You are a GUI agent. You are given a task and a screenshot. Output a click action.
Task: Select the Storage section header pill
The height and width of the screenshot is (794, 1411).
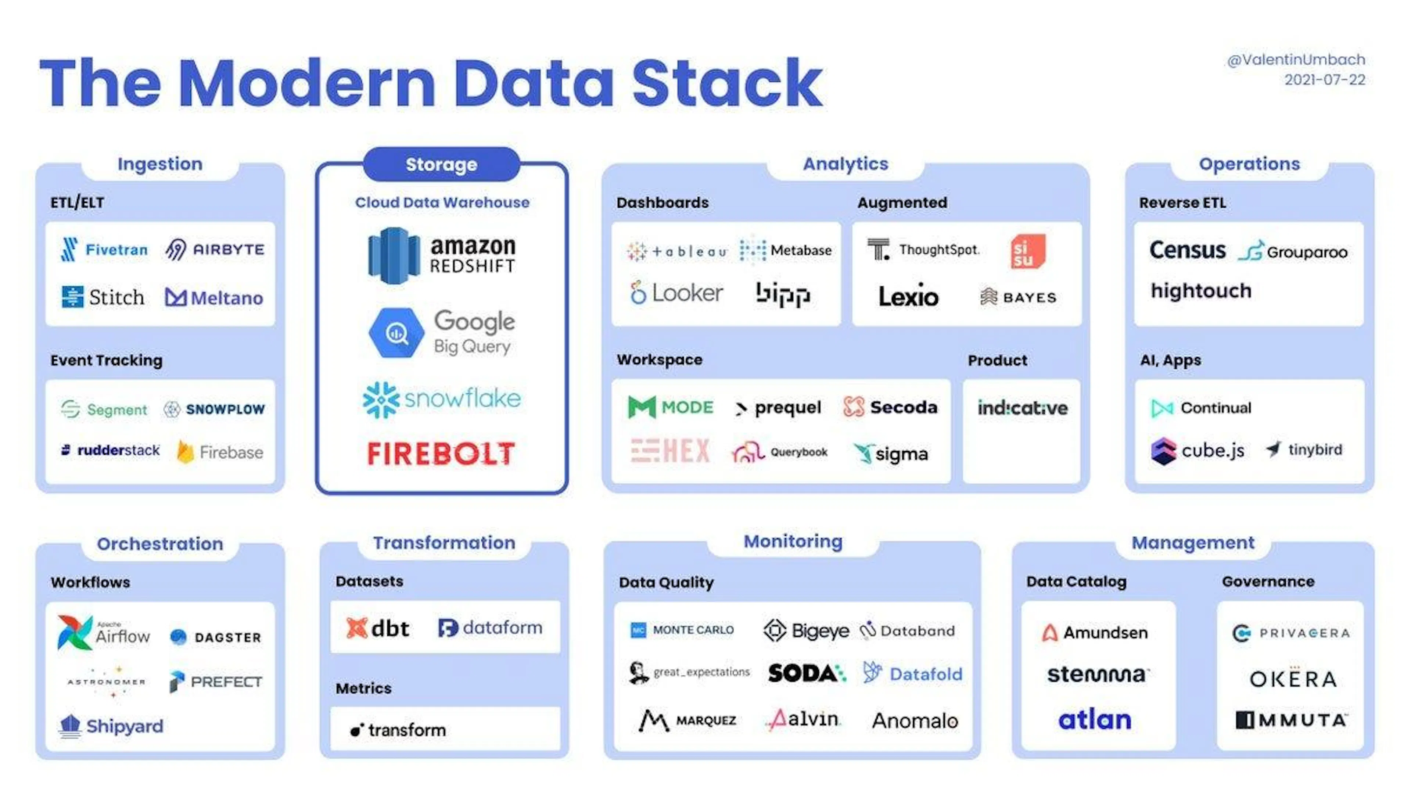441,164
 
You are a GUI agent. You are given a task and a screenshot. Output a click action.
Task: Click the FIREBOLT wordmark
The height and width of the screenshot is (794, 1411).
441,454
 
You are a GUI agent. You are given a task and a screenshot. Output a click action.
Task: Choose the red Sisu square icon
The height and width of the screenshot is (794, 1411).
1028,251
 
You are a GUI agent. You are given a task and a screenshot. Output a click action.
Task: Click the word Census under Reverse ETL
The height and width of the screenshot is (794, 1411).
1187,250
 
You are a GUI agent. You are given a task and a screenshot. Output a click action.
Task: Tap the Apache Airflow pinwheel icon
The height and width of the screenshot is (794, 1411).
75,632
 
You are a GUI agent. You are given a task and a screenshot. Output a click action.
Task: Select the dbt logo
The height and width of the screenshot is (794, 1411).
378,628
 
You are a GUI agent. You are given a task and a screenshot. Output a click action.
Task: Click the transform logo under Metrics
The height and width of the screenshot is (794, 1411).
398,730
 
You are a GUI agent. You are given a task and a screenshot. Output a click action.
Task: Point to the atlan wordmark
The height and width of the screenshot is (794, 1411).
1094,719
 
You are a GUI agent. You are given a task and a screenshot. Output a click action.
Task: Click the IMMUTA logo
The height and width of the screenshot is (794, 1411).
1291,719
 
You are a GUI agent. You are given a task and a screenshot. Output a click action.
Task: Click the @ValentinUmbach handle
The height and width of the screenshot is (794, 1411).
1296,60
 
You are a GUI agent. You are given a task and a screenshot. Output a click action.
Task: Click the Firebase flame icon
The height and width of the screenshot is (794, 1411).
185,451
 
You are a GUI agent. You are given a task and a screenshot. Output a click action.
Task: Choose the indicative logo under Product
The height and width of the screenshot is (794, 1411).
1023,408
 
